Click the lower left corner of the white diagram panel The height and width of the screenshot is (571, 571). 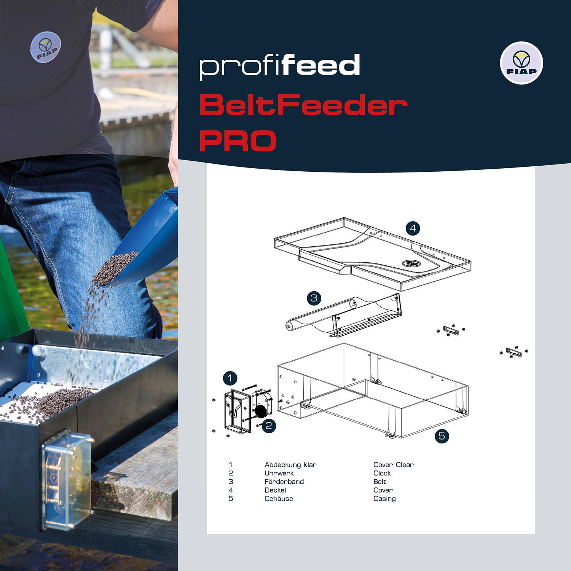point(207,534)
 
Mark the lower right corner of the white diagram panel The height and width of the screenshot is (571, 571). point(535,534)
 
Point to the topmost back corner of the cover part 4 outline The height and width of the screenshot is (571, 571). point(344,218)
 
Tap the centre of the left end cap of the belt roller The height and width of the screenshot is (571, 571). point(290,326)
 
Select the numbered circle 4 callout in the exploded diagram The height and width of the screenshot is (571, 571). point(413,228)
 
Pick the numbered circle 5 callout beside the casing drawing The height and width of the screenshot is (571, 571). point(442,436)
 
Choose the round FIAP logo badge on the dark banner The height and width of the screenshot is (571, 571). point(521,63)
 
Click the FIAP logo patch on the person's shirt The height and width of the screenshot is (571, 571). point(45,47)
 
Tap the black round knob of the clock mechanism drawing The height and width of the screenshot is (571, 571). point(260,412)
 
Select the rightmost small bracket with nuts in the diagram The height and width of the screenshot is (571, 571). point(514,352)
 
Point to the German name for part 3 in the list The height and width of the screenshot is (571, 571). point(284,482)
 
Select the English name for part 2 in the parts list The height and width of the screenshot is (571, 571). point(382,473)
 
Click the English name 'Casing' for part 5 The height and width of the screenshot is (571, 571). point(384,499)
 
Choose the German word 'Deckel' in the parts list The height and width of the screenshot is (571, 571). point(275,490)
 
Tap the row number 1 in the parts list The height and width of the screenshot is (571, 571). point(231,465)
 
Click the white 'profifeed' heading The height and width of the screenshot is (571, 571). point(280,66)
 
